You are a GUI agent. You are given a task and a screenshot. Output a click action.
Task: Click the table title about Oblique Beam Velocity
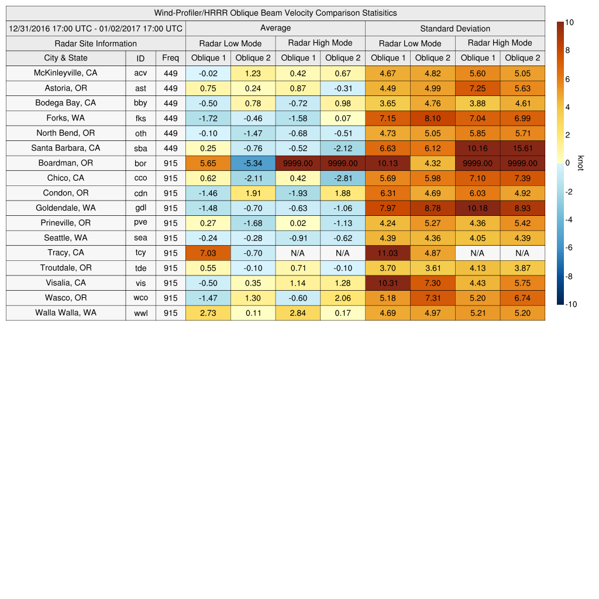click(275, 13)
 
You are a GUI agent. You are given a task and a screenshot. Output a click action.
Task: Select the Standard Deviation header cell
click(455, 28)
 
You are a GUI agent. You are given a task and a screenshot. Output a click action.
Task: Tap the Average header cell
click(275, 28)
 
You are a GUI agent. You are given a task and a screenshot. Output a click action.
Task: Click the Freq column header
click(170, 58)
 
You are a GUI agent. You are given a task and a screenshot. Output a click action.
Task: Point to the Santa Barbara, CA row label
click(66, 148)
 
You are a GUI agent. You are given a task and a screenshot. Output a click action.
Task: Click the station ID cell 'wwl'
click(140, 313)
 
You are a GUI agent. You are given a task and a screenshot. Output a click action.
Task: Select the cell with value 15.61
click(522, 148)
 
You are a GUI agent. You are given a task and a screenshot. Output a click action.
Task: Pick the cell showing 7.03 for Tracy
click(208, 253)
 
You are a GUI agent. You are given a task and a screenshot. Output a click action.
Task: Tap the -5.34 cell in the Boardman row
click(253, 163)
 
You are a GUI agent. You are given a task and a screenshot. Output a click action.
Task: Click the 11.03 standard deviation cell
click(387, 253)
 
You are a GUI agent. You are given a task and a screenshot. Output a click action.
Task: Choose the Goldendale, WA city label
click(66, 208)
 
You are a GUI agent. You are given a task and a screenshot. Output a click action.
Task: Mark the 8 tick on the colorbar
click(567, 51)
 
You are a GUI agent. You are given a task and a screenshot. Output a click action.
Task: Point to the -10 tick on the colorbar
click(570, 304)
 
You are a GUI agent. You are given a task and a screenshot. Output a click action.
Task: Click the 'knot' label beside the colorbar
click(581, 163)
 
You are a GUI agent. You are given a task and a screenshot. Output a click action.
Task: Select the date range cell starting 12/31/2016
click(96, 28)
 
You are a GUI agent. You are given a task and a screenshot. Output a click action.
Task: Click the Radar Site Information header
click(96, 43)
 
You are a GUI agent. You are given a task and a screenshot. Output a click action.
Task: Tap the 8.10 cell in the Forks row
click(432, 118)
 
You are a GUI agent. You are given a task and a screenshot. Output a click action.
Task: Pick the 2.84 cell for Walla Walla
click(298, 313)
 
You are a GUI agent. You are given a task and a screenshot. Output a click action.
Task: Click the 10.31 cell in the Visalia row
click(387, 283)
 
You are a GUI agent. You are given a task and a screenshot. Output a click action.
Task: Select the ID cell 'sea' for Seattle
click(140, 238)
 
